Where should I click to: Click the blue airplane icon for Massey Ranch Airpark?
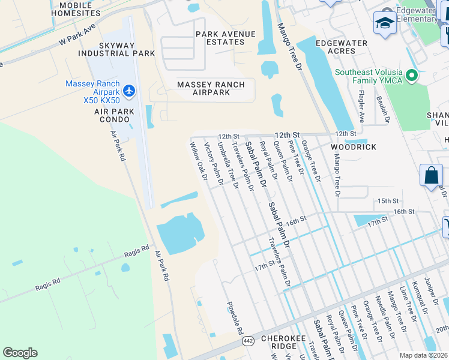click(x=128, y=91)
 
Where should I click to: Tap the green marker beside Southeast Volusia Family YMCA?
click(x=411, y=76)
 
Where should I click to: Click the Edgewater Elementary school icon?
click(x=384, y=23)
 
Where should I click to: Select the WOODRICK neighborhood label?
click(x=354, y=147)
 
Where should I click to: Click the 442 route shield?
click(x=247, y=341)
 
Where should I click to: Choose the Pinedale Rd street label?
click(x=234, y=318)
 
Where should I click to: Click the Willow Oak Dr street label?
click(x=199, y=161)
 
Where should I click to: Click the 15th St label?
click(x=388, y=200)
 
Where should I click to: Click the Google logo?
click(x=20, y=353)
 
